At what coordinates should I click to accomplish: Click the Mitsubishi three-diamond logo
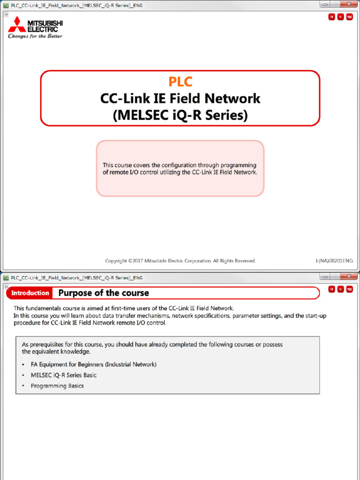click(x=17, y=24)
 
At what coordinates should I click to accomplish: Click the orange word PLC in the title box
click(x=180, y=82)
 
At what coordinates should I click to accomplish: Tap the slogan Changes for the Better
click(x=35, y=36)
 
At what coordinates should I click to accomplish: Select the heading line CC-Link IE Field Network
click(x=180, y=98)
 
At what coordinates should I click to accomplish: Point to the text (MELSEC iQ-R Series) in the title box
click(x=180, y=115)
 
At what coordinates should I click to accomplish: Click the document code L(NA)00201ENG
click(x=334, y=261)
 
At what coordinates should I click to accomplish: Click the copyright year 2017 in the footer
click(x=136, y=261)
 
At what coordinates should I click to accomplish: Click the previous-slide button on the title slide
click(x=331, y=17)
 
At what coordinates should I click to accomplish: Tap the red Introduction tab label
click(x=30, y=293)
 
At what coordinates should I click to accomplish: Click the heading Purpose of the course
click(x=104, y=293)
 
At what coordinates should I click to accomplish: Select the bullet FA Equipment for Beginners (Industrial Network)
click(x=93, y=364)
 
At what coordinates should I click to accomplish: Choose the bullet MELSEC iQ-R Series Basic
click(x=64, y=375)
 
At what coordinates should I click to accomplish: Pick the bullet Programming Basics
click(x=57, y=386)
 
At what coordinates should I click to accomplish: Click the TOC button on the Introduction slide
click(x=349, y=289)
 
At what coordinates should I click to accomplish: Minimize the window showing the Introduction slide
click(x=325, y=277)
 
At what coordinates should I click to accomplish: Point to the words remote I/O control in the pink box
click(x=132, y=172)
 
